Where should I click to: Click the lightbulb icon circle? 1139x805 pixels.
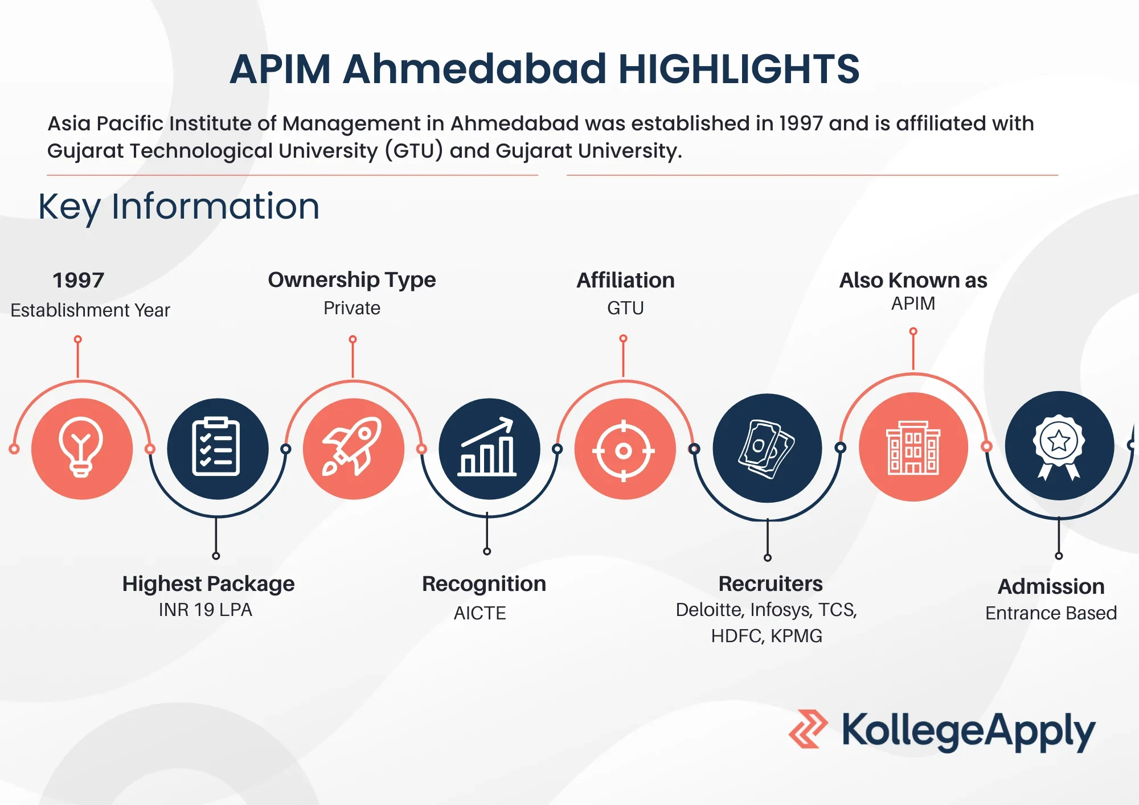pos(82,449)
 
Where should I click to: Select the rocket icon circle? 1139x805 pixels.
pos(353,449)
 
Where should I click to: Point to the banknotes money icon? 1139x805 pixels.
pos(767,448)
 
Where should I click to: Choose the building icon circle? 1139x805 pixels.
pos(913,447)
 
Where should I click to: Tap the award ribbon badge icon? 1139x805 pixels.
pos(1059,446)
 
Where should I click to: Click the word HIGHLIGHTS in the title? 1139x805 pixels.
pos(739,69)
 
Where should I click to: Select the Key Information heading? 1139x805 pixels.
pos(179,206)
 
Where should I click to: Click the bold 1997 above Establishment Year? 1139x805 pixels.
pos(78,280)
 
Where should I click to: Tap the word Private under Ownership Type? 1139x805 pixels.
pos(352,308)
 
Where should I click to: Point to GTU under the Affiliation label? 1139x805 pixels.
pos(625,308)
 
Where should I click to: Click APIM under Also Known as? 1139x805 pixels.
pos(913,303)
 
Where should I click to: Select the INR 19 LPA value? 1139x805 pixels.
pos(205,610)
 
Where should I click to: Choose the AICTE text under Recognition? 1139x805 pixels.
pos(480,613)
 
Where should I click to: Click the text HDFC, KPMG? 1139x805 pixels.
pos(767,635)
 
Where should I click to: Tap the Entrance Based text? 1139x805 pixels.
pos(1051,613)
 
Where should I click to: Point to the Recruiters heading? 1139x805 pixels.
pos(771,584)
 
